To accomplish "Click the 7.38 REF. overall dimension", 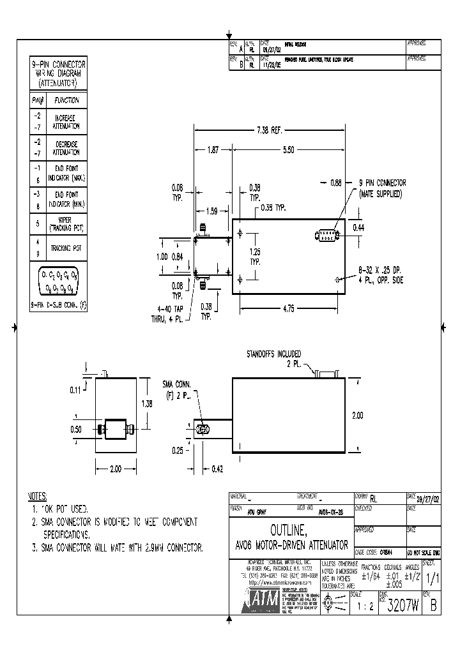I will (x=269, y=130).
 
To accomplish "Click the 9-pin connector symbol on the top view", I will (x=327, y=236).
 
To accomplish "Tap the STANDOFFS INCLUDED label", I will (x=273, y=354).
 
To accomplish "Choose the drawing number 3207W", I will (x=402, y=607).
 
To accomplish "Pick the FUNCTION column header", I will (x=66, y=100).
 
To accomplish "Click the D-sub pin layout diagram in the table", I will (x=58, y=281).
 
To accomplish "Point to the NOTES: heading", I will (x=38, y=496).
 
